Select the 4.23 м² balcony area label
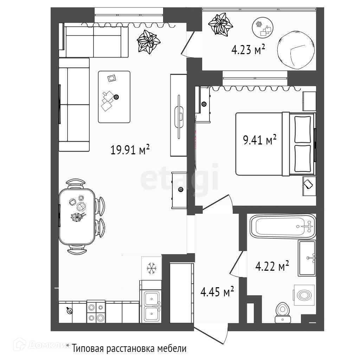pos(248,50)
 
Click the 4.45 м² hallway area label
pos(217,292)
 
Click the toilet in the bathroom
pos(282,311)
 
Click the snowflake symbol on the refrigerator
pos(152,269)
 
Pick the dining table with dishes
pos(77,216)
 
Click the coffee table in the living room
pos(114,97)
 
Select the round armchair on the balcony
pos(295,52)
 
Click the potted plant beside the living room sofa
pos(148,42)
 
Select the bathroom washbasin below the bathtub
pos(307,258)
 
